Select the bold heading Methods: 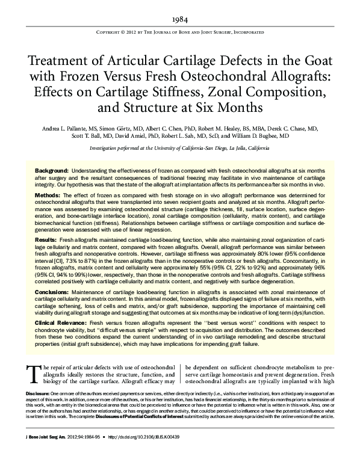pos(48,196)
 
